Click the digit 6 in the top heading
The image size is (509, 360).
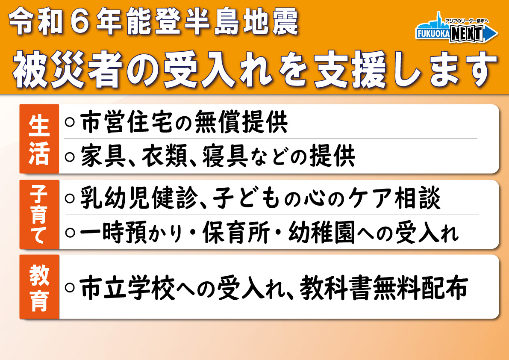[80, 21]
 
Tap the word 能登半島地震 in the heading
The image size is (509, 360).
[212, 21]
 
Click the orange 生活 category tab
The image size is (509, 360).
[39, 139]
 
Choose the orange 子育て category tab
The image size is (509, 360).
[39, 215]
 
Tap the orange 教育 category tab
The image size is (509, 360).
[39, 287]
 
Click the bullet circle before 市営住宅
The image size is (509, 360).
[70, 122]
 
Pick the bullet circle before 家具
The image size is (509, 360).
[70, 157]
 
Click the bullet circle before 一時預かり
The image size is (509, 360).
[70, 233]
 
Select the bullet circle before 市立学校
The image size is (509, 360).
[70, 287]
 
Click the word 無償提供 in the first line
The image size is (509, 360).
[241, 122]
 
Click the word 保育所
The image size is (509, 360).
[236, 233]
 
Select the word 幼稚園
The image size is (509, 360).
[322, 233]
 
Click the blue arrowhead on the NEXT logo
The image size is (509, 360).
[491, 33]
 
